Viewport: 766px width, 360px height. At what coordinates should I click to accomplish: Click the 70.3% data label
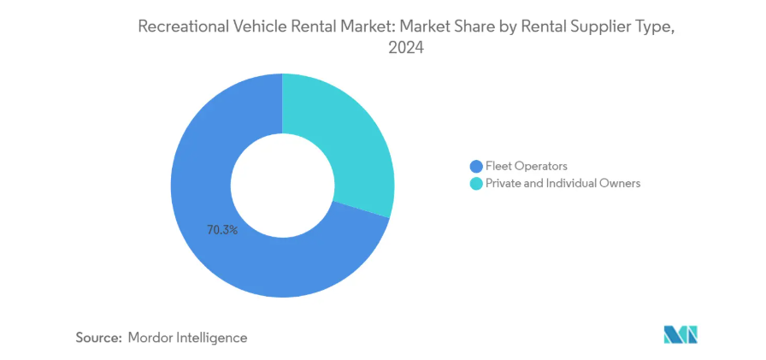221,230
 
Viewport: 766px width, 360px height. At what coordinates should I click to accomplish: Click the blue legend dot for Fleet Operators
475,166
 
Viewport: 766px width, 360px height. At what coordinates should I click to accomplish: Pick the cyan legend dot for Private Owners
475,183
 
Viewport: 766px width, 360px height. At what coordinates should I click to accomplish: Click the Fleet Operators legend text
526,166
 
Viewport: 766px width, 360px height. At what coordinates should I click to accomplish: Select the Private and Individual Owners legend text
563,183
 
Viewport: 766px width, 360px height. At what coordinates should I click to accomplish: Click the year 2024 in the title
407,49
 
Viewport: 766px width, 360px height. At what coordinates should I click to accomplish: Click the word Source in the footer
97,338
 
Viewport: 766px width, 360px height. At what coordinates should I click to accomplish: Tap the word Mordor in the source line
151,338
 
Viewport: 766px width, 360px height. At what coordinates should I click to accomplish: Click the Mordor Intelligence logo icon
681,334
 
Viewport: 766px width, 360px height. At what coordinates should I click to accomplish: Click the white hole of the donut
282,186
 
